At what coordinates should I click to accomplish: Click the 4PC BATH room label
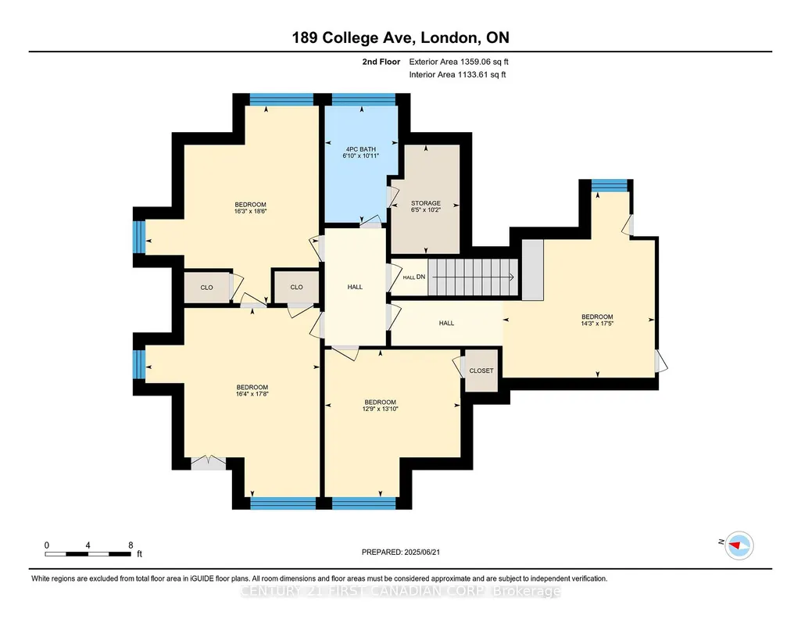coord(361,149)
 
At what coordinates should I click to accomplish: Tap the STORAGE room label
coord(426,202)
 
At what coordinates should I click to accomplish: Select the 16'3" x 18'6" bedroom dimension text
coord(250,211)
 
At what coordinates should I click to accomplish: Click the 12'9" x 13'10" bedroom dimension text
coord(380,409)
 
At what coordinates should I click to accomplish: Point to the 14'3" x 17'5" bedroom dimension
coord(597,324)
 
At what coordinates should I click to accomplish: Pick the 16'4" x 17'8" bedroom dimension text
coord(252,394)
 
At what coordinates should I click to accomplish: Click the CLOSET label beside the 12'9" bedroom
coord(481,370)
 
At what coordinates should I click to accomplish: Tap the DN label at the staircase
coord(421,277)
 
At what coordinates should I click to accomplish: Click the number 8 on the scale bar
coord(131,545)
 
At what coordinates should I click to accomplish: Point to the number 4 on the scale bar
coord(88,545)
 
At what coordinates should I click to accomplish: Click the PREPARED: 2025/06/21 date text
coord(400,552)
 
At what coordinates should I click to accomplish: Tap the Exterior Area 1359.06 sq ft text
coord(459,62)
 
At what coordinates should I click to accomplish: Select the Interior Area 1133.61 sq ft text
coord(457,74)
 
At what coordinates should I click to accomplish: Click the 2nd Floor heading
coord(381,62)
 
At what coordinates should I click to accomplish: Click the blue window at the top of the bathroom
coord(363,99)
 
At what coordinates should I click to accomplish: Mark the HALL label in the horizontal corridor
coord(446,323)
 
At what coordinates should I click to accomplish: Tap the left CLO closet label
coord(206,288)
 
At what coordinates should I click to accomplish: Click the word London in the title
coord(449,38)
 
